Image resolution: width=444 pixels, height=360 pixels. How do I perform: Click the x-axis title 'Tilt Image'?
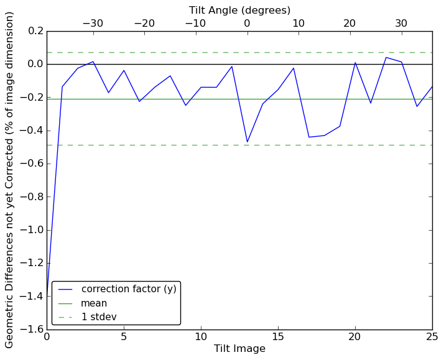tap(239, 349)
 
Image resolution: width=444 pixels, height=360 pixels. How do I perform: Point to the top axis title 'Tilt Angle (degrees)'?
tap(239, 11)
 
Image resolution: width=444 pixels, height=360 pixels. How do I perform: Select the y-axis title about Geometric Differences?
tap(10, 180)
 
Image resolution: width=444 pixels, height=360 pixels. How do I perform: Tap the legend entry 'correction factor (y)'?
tap(129, 289)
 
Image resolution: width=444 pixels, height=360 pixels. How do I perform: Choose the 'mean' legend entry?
tap(94, 303)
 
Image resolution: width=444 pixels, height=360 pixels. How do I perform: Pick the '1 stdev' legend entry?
tap(99, 317)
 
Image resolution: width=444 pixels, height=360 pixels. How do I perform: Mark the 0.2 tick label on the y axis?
tap(35, 31)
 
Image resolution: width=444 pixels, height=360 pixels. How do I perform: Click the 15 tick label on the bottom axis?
tap(278, 337)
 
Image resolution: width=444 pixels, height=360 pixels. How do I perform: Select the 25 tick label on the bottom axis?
tap(432, 337)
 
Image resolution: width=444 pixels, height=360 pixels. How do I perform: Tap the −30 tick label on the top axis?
tap(93, 24)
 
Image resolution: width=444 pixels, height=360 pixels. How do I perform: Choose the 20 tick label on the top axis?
tap(349, 24)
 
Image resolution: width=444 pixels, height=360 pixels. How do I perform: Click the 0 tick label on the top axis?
tap(247, 24)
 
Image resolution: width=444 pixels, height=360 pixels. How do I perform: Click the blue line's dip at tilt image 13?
tap(247, 142)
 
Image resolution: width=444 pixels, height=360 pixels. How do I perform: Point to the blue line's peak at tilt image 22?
tap(386, 57)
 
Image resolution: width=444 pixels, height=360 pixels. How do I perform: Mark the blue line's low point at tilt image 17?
tap(308, 137)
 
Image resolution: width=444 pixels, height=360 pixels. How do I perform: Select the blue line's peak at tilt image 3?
tap(93, 62)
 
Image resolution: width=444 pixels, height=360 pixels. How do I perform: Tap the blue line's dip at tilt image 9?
tap(185, 105)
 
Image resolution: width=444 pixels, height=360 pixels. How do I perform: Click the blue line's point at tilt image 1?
tap(62, 86)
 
